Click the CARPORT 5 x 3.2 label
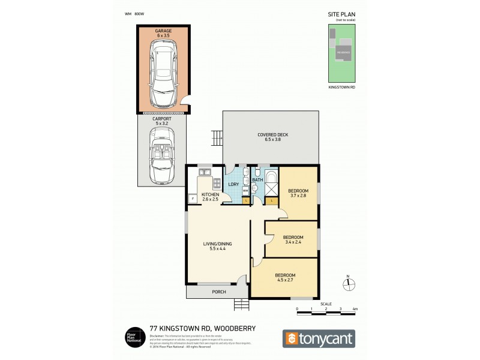[163, 122]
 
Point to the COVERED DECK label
[272, 137]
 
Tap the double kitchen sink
[203, 173]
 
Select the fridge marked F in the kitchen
[192, 199]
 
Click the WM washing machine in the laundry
[245, 190]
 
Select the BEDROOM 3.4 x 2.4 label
[292, 239]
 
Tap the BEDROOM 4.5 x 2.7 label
[285, 278]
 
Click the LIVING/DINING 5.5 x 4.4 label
[217, 246]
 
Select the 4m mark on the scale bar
[355, 310]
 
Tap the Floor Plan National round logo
[132, 337]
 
